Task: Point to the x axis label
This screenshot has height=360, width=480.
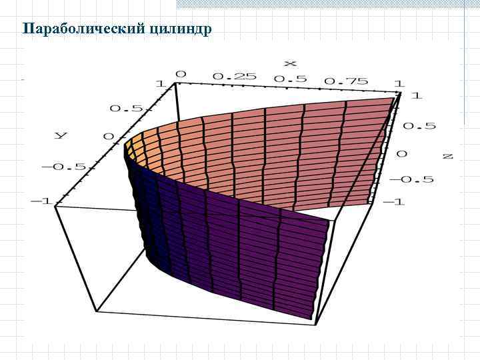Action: [290, 63]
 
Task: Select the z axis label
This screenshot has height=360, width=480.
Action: [447, 156]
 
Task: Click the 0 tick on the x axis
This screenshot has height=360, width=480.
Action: [181, 73]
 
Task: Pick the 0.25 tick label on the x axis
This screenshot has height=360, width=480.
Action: [234, 76]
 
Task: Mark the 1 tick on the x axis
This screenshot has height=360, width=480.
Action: [398, 83]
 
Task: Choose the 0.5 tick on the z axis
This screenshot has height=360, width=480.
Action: [420, 126]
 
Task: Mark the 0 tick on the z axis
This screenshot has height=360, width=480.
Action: [401, 153]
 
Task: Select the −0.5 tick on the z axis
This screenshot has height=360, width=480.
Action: [412, 179]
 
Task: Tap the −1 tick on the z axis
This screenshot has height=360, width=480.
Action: [395, 202]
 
